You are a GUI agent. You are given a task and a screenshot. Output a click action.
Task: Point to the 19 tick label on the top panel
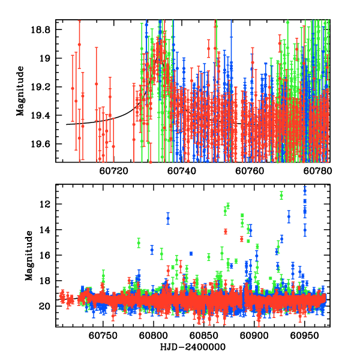(x=47, y=58)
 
